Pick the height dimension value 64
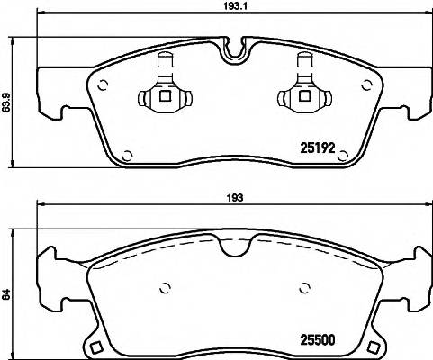coord(8,293)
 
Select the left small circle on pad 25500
coord(165,289)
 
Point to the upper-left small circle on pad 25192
coord(103,86)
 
